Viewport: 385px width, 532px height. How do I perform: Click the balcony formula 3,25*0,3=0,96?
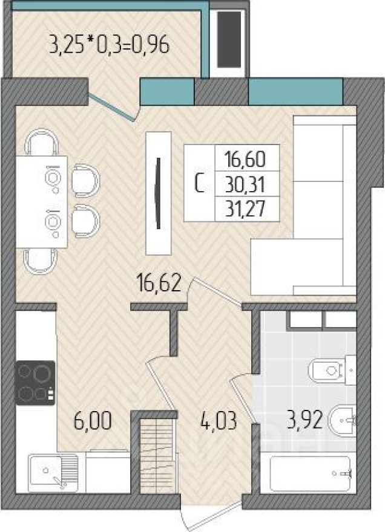click(108, 45)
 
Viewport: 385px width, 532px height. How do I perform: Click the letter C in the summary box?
click(199, 184)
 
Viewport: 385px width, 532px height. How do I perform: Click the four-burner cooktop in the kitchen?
click(35, 382)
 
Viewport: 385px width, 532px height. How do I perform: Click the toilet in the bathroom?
click(330, 368)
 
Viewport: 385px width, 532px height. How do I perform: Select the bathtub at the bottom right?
click(306, 473)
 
